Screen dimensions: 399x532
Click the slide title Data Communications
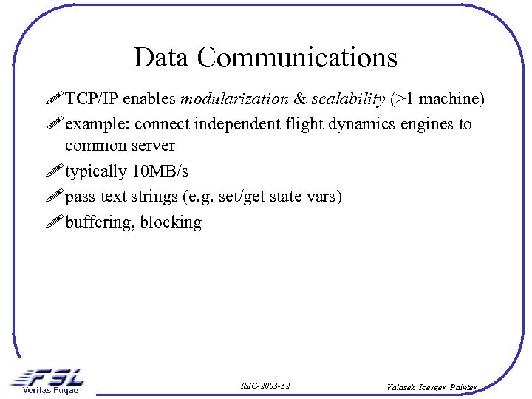(265, 58)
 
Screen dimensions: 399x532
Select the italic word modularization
(234, 99)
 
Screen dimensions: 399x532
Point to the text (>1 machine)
(437, 99)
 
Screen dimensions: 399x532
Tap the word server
(151, 146)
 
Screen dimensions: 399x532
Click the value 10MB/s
(160, 171)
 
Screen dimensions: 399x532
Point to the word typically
(96, 171)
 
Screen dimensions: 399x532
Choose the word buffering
(99, 222)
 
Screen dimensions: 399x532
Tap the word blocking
(171, 222)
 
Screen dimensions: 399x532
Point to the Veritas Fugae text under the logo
(50, 389)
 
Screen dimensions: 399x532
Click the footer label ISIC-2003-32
(265, 386)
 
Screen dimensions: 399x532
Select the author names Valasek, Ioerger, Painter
(432, 386)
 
